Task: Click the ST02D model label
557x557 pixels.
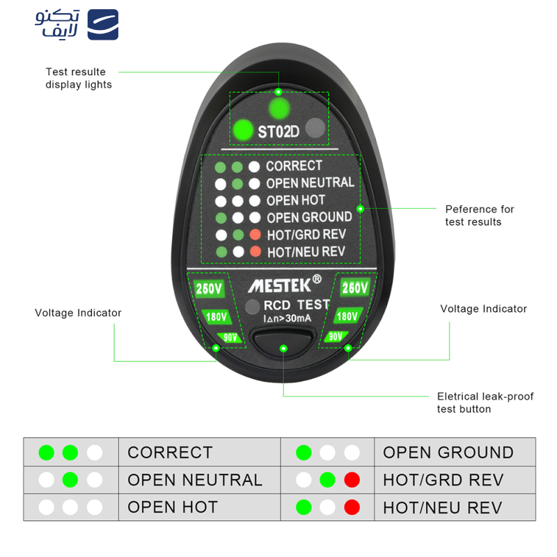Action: [x=278, y=131]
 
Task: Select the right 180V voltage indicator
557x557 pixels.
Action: [x=348, y=316]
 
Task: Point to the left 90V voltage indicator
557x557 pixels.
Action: [x=230, y=338]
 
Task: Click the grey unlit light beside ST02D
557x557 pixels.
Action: [x=316, y=128]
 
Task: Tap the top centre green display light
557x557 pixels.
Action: [x=279, y=109]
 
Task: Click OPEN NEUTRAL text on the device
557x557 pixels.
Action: [x=310, y=183]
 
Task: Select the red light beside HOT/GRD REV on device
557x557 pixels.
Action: [x=256, y=235]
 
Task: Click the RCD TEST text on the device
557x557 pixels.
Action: [x=296, y=305]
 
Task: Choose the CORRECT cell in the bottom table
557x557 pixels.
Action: [x=170, y=453]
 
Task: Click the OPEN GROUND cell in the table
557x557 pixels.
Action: [x=448, y=453]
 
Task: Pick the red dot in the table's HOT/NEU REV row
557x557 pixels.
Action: [x=352, y=507]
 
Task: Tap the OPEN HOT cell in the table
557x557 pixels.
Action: [x=173, y=507]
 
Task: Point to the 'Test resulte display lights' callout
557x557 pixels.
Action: [x=79, y=78]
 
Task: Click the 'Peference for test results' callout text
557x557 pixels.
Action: [x=480, y=215]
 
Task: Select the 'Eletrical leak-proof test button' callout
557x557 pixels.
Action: [x=485, y=402]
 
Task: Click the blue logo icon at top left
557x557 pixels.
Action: [x=102, y=24]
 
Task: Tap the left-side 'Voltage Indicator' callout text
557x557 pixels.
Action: [x=78, y=313]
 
